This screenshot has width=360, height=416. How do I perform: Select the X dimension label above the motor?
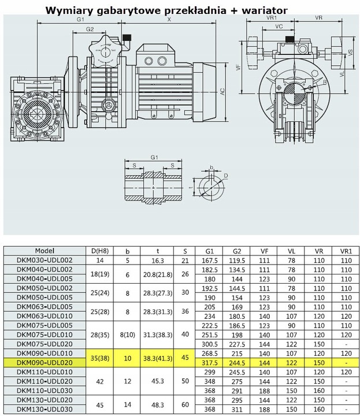[x=169, y=20]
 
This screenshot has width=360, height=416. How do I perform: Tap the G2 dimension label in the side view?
[x=90, y=29]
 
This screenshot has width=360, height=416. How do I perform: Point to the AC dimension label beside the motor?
[x=222, y=92]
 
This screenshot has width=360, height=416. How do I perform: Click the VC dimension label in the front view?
[x=279, y=26]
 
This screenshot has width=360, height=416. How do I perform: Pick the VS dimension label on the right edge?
[x=351, y=53]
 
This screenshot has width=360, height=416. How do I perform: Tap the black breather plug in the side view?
[x=126, y=37]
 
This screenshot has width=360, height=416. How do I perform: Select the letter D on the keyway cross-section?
[x=226, y=176]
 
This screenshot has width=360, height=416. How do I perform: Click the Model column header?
[x=44, y=251]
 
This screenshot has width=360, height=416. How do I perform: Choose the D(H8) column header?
[x=100, y=251]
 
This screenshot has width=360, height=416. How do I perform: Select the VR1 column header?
[x=346, y=251]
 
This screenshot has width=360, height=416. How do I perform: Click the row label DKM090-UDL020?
[x=44, y=363]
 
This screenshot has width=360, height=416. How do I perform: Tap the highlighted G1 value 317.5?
[x=210, y=363]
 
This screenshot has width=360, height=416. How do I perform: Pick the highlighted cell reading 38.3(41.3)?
[x=158, y=358]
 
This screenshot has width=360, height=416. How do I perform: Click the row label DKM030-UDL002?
[x=44, y=260]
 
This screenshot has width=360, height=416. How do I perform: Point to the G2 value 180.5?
[x=237, y=316]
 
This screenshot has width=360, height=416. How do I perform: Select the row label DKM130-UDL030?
[x=44, y=409]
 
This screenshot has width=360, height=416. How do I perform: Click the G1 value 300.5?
[x=210, y=344]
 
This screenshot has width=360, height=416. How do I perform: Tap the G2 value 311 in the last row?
[x=237, y=410]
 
